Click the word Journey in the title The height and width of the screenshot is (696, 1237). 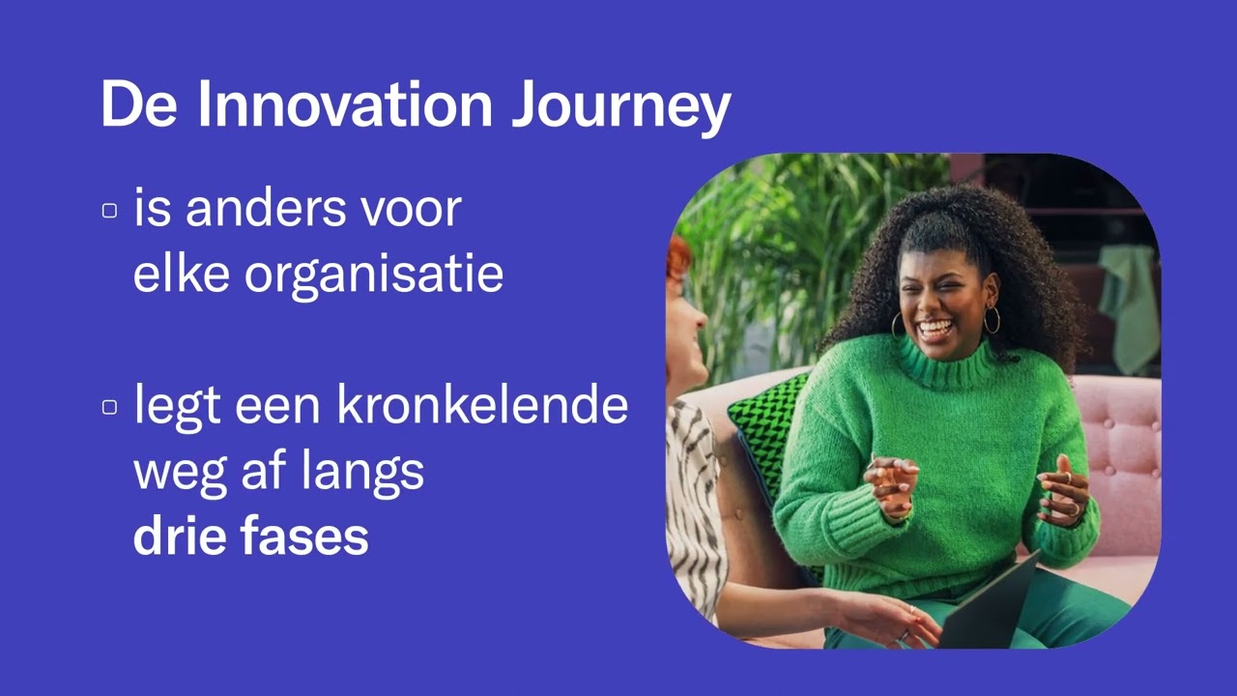pyautogui.click(x=619, y=106)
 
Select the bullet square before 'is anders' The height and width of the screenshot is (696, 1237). pyautogui.click(x=109, y=211)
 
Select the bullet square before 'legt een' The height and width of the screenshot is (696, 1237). pyautogui.click(x=109, y=407)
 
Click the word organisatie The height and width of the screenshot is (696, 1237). pyautogui.click(x=373, y=275)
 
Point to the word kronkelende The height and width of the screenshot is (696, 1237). pyautogui.click(x=482, y=405)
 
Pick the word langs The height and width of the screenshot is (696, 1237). pyautogui.click(x=369, y=473)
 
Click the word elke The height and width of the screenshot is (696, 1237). pyautogui.click(x=181, y=275)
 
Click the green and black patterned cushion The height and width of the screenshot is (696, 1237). pyautogui.click(x=767, y=425)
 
